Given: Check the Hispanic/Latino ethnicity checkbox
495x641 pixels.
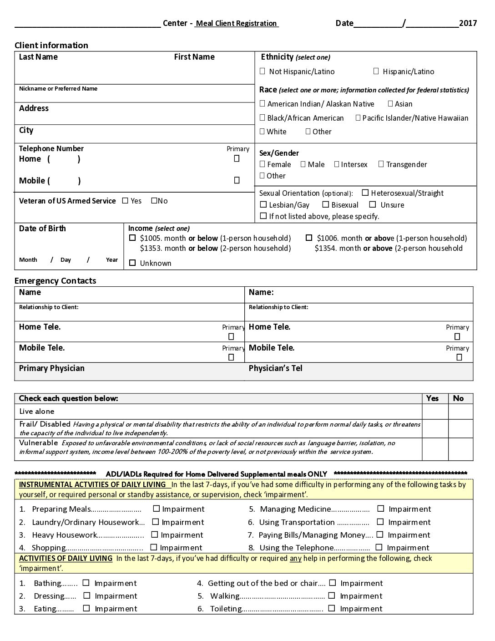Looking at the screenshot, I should (x=376, y=71).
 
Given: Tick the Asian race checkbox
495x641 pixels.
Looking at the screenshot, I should (x=390, y=104).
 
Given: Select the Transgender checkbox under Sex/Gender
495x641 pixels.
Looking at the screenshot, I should (x=381, y=164).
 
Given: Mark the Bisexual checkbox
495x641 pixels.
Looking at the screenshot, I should (x=325, y=205).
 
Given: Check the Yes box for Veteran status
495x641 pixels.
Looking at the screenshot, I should (x=125, y=201).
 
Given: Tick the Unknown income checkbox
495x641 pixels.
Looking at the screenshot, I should (x=132, y=263).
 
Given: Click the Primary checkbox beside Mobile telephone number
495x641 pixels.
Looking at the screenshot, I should (x=237, y=181).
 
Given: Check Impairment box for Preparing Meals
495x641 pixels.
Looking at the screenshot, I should (x=156, y=509).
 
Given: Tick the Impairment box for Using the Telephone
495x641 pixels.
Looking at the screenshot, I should (x=379, y=547).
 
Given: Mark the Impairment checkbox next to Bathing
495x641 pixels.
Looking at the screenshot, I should (x=86, y=583).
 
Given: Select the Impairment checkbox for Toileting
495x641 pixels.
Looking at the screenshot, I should (x=332, y=608).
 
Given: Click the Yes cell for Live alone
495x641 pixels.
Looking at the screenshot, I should (x=434, y=412).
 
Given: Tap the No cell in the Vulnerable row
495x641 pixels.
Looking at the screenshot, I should (x=460, y=449).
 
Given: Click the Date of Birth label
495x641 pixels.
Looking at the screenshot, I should (x=42, y=229).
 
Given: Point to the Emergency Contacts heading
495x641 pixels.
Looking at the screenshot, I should (x=55, y=280).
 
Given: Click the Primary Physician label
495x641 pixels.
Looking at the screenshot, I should (x=51, y=368).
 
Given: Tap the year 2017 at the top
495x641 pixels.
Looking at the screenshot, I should (x=468, y=23).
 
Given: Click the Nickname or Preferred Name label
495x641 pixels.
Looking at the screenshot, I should (x=58, y=89).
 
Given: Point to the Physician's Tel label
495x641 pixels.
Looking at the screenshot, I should (x=275, y=368).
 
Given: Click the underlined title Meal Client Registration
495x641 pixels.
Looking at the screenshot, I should (x=236, y=23).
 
